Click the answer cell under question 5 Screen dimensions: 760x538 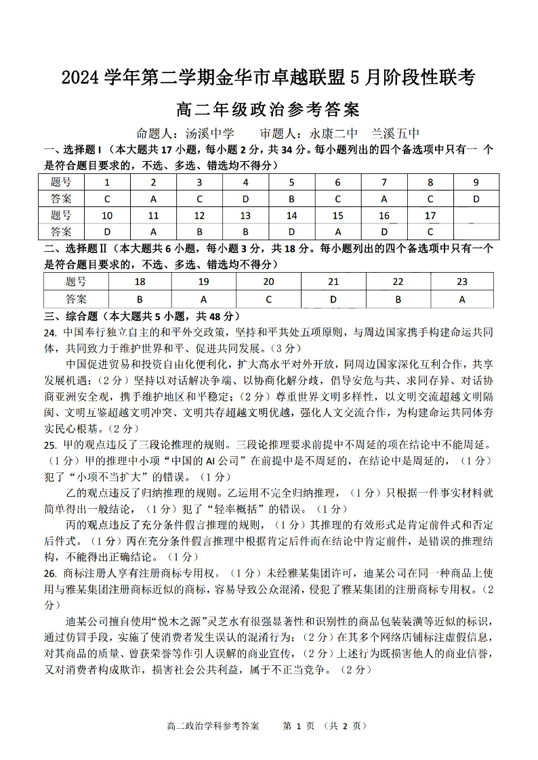coord(291,199)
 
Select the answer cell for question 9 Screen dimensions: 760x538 coord(476,199)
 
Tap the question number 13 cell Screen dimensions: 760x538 coord(245,216)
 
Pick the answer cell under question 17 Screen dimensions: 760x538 coord(430,232)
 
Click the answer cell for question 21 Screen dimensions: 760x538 coord(333,298)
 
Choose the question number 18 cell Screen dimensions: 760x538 coord(140,282)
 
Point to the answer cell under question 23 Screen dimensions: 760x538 coord(462,298)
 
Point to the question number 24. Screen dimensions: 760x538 coord(49,332)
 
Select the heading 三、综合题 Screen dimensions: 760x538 coord(70,316)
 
